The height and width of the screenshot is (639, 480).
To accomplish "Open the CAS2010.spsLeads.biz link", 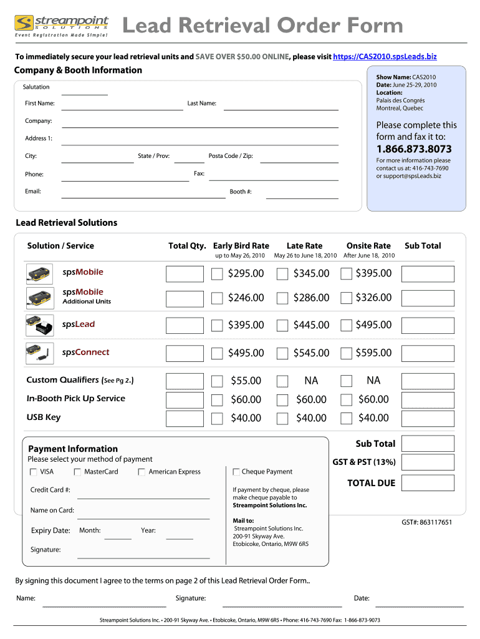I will tap(385, 57).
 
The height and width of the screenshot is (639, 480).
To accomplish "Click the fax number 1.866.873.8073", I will tap(414, 149).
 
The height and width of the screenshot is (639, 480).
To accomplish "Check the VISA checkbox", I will tap(33, 472).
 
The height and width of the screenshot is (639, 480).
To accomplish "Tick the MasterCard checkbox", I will tap(77, 472).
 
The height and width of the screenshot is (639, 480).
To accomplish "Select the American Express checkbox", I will tap(142, 472).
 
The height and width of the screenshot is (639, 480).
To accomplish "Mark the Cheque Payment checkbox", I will tap(236, 472).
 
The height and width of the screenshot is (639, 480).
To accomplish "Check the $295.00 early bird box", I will tap(217, 274).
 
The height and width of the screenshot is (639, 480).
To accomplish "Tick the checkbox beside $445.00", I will tap(282, 325).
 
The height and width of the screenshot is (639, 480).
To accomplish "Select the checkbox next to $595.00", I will tap(347, 353).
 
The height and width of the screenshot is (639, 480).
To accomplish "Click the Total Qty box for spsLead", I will tap(185, 325).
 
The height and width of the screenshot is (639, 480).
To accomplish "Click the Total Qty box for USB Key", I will tap(185, 418).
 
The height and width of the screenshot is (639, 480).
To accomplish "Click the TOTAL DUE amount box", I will tap(428, 483).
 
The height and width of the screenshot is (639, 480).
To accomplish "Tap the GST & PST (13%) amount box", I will tap(428, 462).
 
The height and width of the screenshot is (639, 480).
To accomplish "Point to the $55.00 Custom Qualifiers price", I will tap(246, 381).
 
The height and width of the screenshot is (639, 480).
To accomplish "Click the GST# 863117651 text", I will tap(427, 522).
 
